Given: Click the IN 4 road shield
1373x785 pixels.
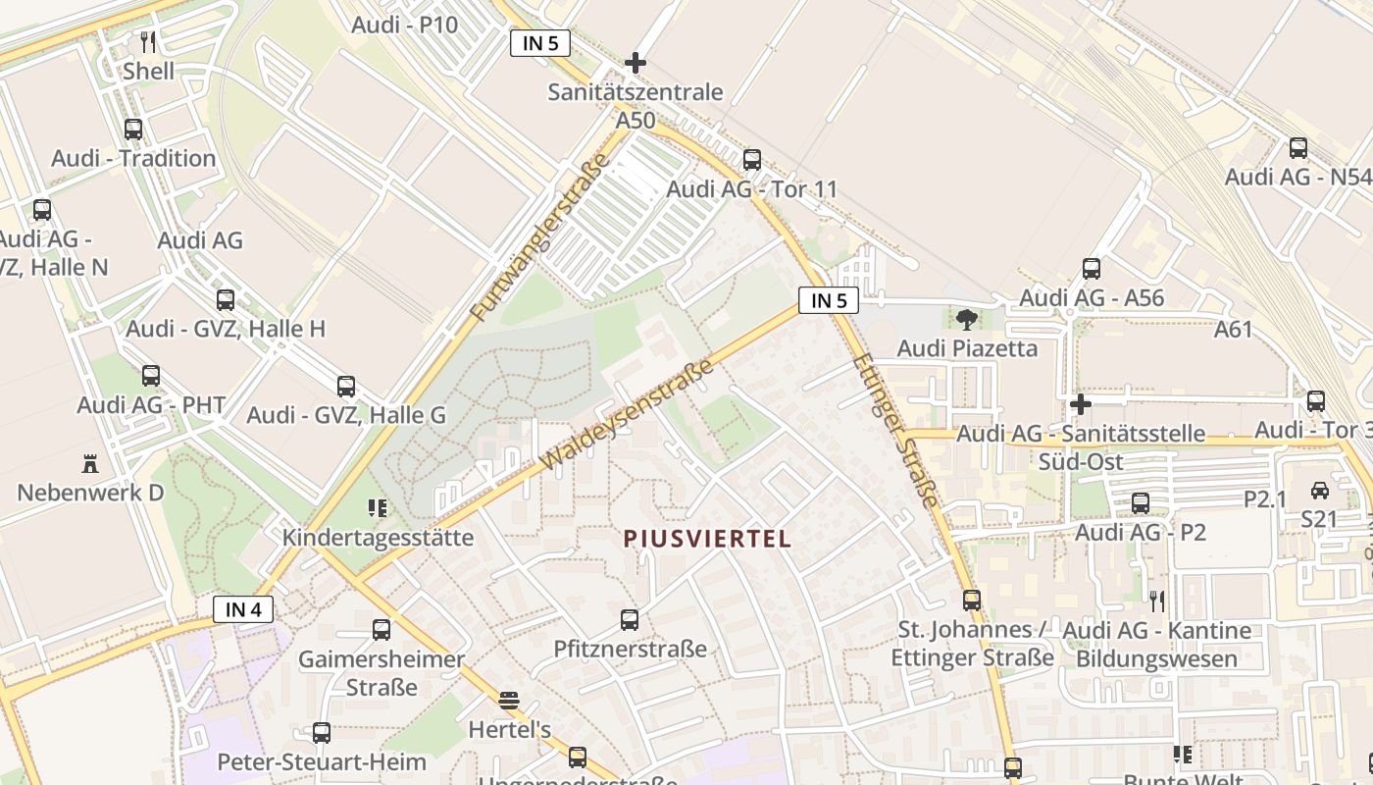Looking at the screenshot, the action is coord(243,609).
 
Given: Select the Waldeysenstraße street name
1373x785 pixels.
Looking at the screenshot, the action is coord(628,413).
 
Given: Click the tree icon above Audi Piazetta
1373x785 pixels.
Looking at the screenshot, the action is coord(966,319).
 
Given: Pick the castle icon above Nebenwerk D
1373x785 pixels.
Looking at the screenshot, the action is coord(90,463).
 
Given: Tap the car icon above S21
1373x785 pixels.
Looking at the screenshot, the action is coord(1320,491).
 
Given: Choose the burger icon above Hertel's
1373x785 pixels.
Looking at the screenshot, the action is coord(509,701).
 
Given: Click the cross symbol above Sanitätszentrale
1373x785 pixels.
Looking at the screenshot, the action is coord(636,63).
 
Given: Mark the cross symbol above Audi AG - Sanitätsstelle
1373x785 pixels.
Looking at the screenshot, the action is coord(1080,403).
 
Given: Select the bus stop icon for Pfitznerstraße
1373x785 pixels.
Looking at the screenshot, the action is coord(630,620).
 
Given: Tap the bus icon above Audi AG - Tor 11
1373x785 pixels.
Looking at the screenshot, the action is coord(752,159).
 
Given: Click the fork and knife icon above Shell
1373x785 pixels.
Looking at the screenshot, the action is coord(148,42).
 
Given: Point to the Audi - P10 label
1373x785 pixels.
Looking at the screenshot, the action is coord(405,25).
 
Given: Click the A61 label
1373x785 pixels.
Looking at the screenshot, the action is coord(1233,330).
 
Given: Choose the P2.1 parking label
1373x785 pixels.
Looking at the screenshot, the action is coord(1264,499).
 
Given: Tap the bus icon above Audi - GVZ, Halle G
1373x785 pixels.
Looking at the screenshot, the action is coord(346,387).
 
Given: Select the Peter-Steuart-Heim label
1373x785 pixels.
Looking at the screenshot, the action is coord(322,762).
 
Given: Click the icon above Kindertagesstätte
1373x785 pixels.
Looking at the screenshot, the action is coord(378,508).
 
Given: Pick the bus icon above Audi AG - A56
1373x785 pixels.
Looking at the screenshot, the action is coord(1092,269).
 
